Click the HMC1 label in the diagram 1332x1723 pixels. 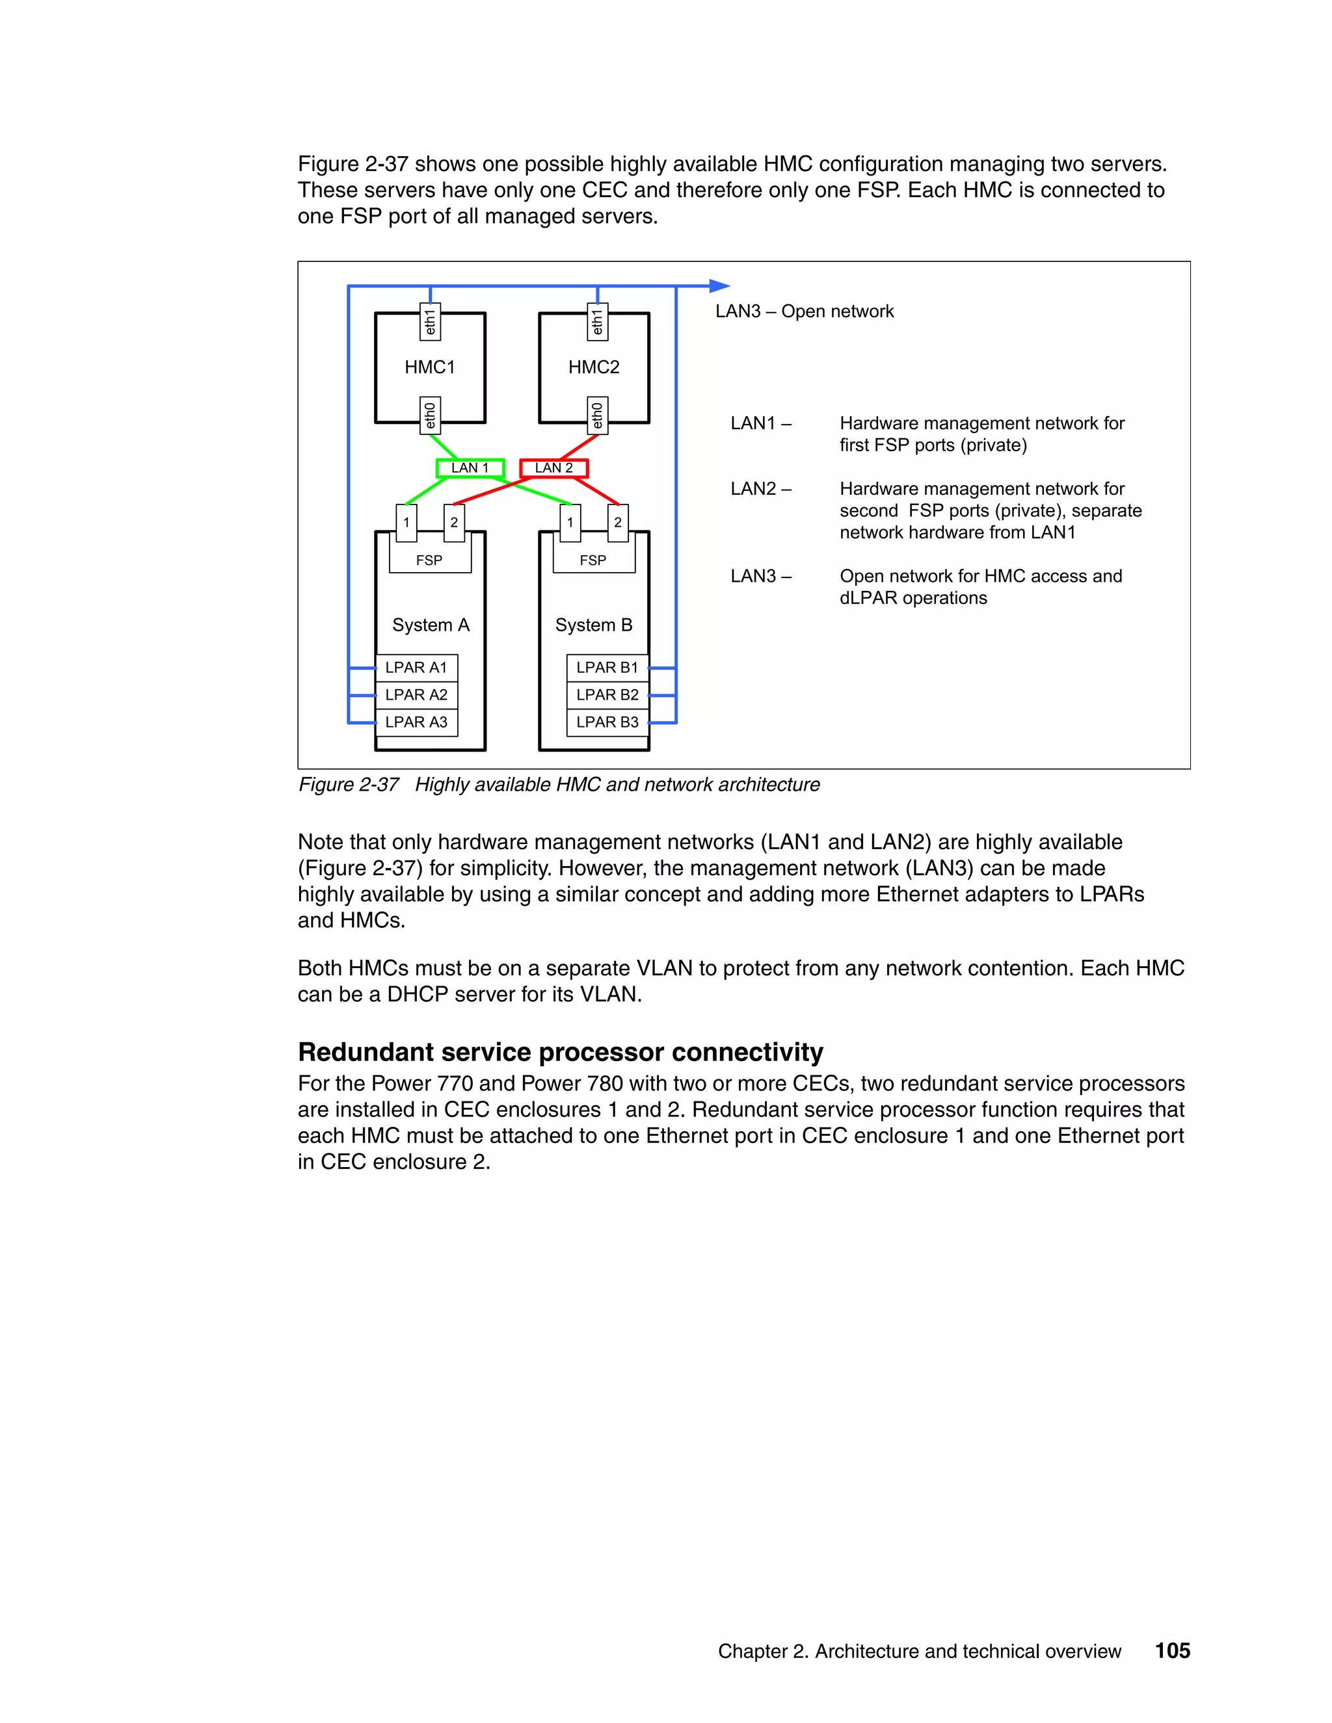429,367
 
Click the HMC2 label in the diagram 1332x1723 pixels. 593,367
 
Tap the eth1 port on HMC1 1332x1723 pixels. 430,322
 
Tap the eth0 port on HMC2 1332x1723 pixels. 597,415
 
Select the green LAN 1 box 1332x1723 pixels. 470,468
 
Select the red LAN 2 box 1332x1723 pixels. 554,468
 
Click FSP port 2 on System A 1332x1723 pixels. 455,522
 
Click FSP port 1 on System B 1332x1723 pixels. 570,522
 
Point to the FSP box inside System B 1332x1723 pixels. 593,559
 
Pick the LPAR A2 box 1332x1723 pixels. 417,695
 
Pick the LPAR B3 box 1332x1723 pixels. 607,722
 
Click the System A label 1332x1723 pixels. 431,625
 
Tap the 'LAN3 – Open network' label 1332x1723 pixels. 804,311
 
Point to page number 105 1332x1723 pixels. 1172,1650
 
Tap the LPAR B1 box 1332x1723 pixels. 607,668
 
